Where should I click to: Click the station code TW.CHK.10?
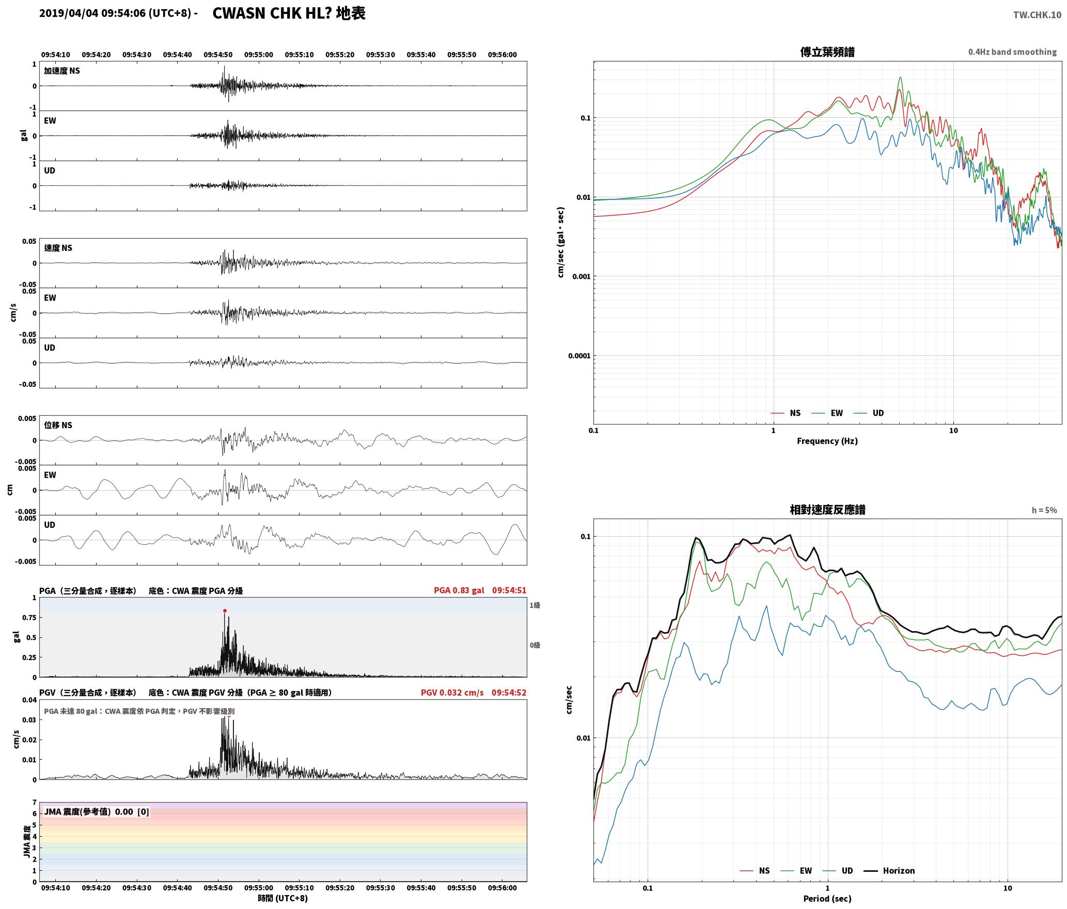1037,15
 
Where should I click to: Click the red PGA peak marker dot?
225,610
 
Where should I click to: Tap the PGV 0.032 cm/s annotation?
452,692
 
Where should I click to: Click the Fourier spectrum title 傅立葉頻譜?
827,52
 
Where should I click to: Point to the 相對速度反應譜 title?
827,510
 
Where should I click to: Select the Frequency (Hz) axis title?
827,441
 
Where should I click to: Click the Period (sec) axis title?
827,898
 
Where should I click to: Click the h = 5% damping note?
1044,510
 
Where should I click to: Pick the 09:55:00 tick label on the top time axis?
259,54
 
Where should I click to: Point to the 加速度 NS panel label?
62,71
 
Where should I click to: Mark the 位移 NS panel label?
58,425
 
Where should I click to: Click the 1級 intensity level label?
535,605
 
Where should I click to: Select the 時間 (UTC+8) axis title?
283,898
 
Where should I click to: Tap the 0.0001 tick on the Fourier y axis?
579,355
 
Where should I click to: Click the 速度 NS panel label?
58,248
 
